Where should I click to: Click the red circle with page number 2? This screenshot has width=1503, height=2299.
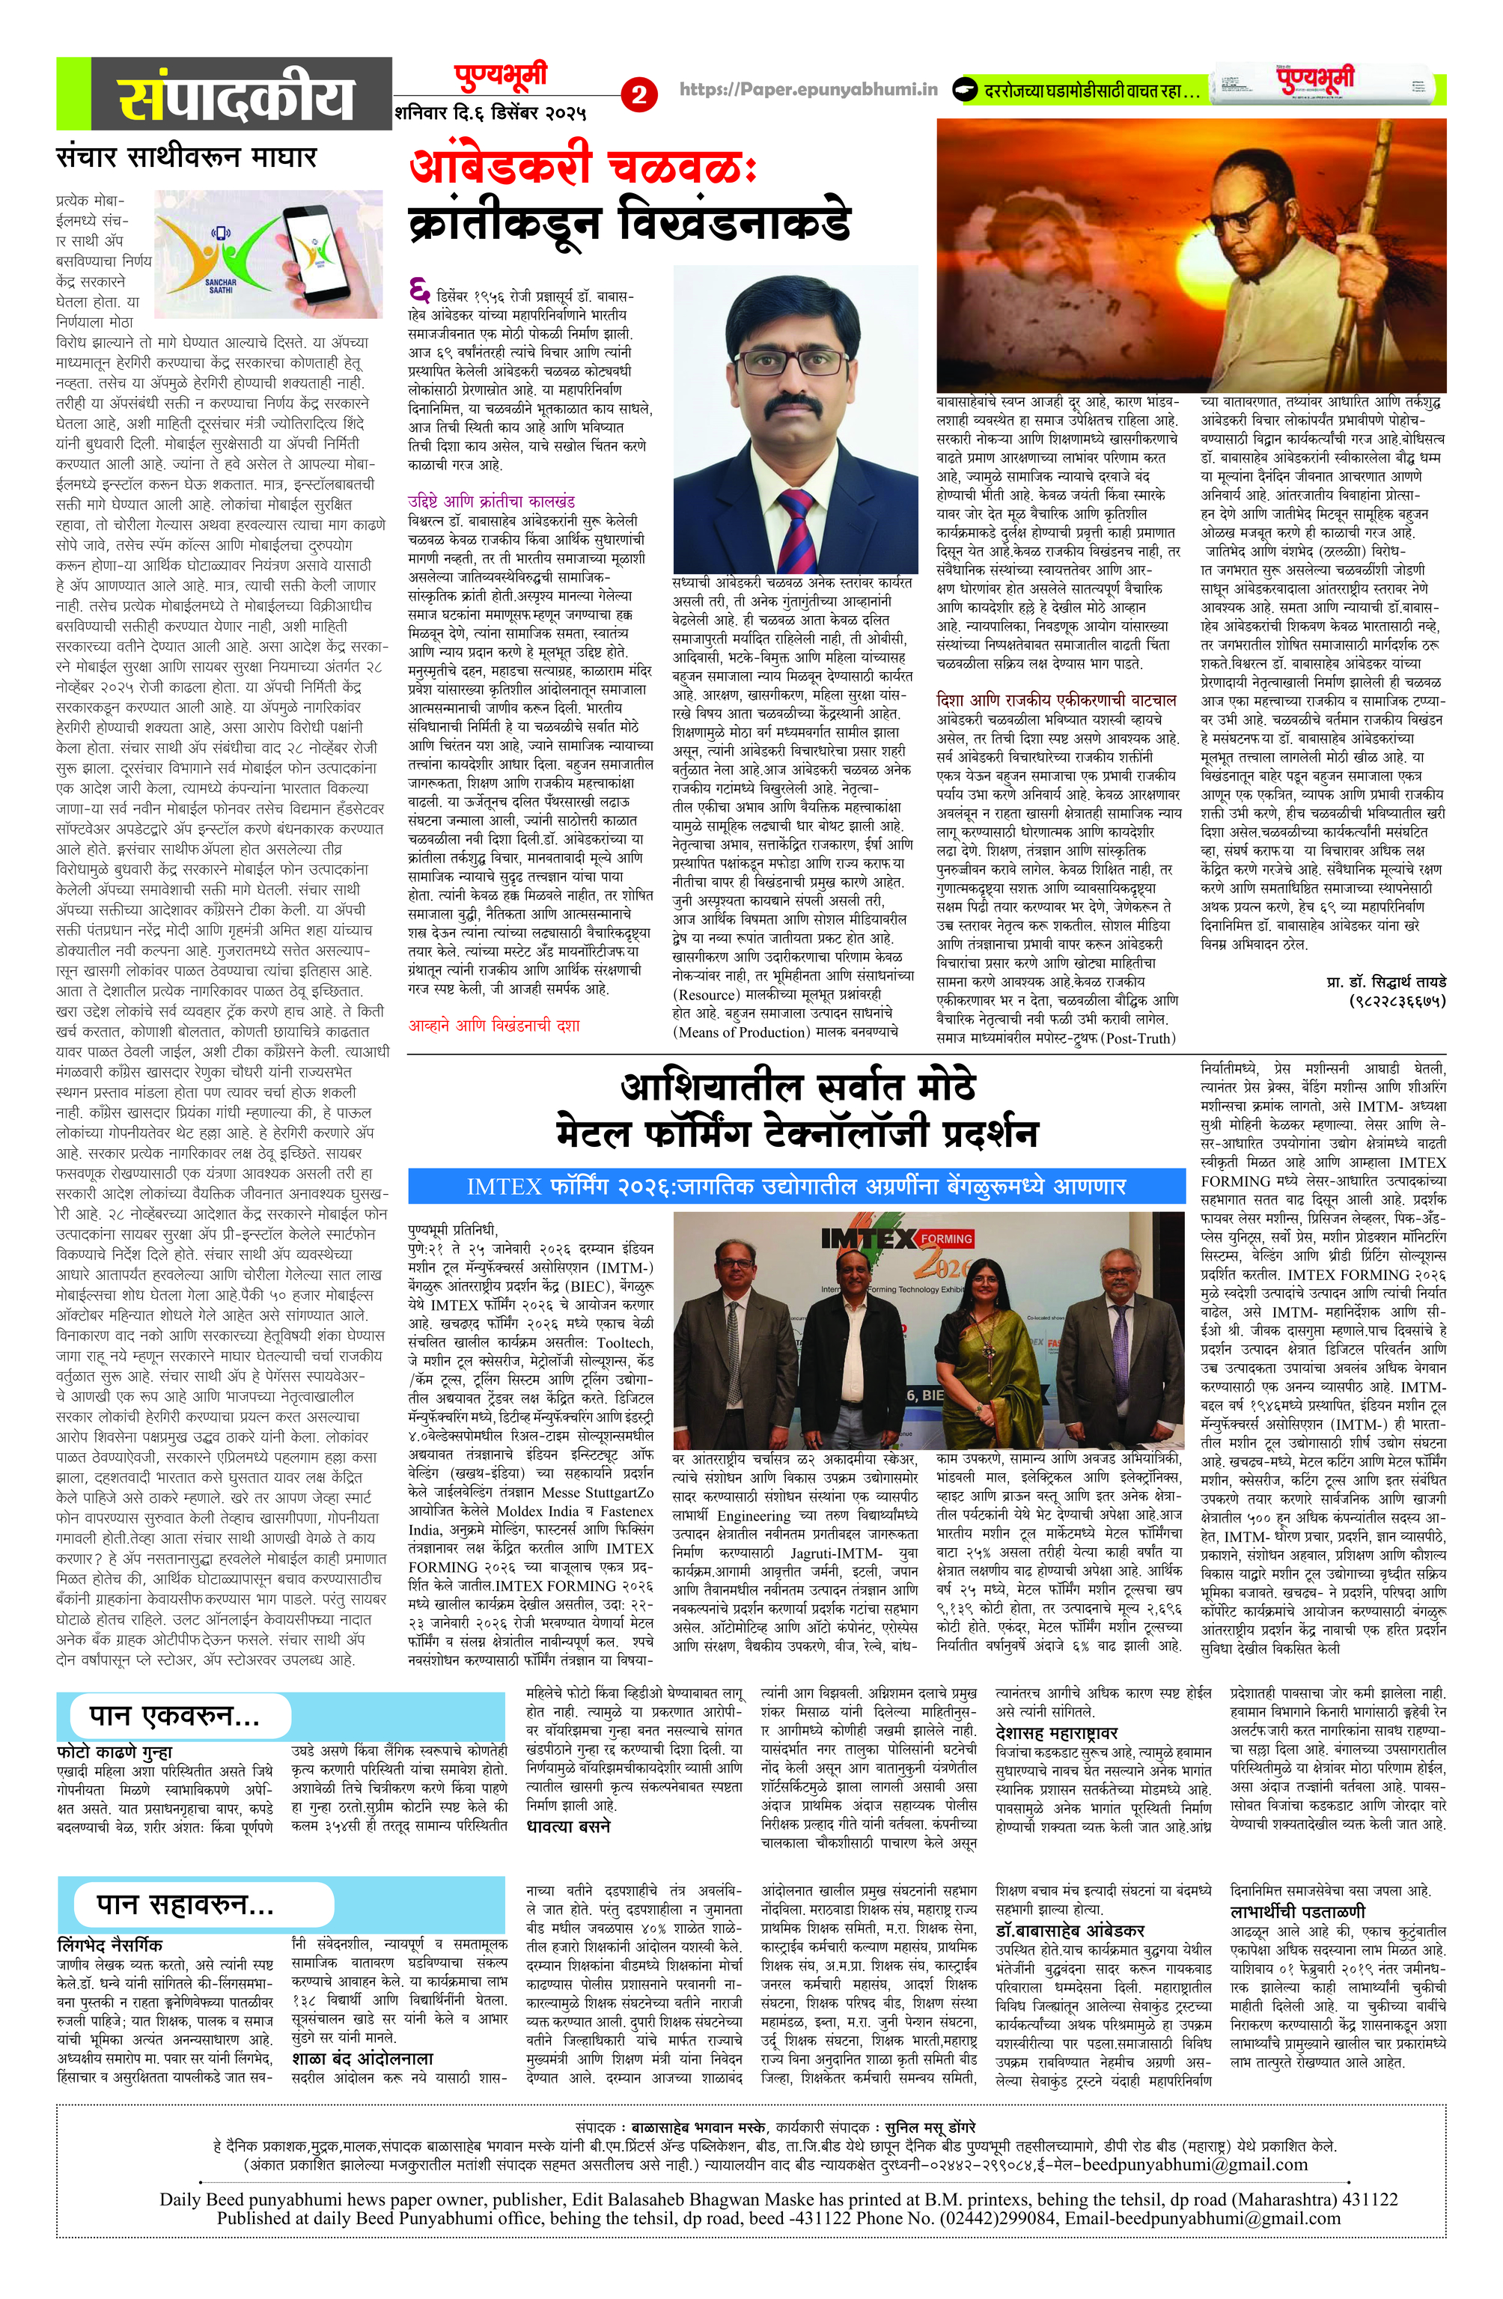[x=638, y=94]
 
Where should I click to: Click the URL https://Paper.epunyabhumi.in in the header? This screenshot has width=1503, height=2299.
[x=808, y=90]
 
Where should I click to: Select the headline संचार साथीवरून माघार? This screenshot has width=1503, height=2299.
[x=186, y=156]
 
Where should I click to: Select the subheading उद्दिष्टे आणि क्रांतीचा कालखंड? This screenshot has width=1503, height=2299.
[x=491, y=502]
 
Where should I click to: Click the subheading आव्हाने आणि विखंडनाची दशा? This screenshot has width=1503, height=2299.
[x=493, y=1025]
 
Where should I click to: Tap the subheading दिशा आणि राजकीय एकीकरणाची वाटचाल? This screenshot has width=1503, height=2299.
[x=1057, y=699]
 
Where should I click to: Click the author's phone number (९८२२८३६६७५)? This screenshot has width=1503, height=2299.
[x=1397, y=1002]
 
